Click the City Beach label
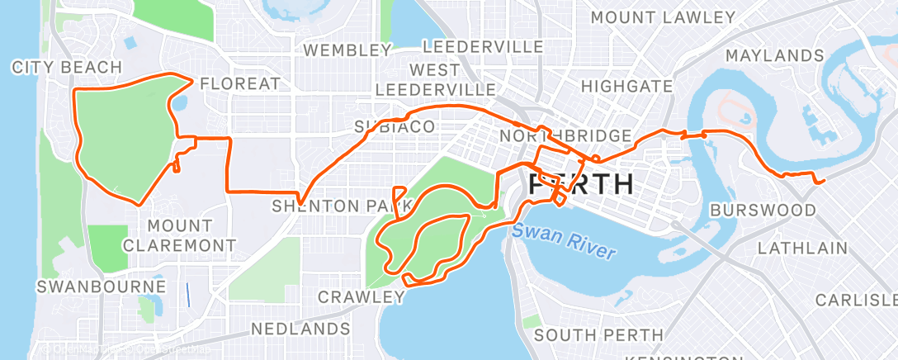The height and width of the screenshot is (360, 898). (x=67, y=67)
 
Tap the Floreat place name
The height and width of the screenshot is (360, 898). (x=240, y=83)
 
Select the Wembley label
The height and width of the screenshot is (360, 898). (x=347, y=50)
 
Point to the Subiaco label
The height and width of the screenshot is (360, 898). (x=395, y=126)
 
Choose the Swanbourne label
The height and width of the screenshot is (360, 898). (x=102, y=287)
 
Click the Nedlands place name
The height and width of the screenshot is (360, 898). (x=300, y=329)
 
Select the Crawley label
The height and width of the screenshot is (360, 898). (x=362, y=296)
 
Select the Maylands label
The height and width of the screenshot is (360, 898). (x=774, y=55)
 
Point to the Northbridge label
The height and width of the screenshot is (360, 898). (x=565, y=135)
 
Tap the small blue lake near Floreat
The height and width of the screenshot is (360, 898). (x=179, y=104)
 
